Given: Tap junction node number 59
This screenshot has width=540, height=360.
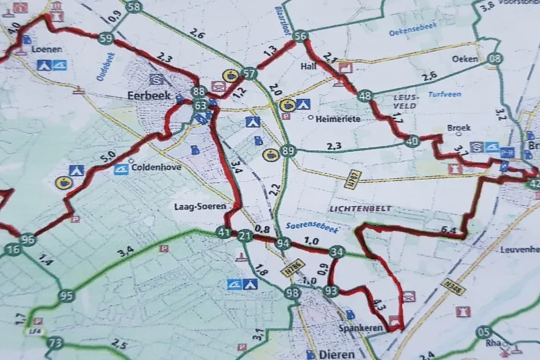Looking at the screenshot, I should coord(106,38).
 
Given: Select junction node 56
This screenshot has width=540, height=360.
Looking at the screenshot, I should coord(300,37).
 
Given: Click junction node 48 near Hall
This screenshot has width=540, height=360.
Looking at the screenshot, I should coord(365,96).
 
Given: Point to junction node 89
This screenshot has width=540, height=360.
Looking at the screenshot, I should coord(288,151).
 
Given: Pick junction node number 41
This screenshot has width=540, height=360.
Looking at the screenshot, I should coord(224,233).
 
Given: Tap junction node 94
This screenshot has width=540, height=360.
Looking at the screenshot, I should coord(282,244).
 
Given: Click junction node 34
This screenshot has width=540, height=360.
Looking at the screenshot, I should coord(336,252).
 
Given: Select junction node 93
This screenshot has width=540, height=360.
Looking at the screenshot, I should coord(331,290).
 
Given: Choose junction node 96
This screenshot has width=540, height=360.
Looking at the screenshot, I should coord(27,239).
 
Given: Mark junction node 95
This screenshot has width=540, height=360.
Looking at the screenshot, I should coord(66,296).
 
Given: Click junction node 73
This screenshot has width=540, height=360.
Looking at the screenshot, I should coord(55,343).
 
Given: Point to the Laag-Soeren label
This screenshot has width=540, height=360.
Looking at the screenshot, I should coord(200,207).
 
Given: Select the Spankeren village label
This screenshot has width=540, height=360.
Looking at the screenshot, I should coord(359,329).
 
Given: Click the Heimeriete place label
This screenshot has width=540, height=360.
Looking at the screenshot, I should coord(337,119).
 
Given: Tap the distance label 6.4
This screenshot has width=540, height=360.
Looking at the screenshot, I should coord(448,230).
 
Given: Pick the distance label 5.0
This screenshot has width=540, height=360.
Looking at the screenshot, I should coord(108,157).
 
